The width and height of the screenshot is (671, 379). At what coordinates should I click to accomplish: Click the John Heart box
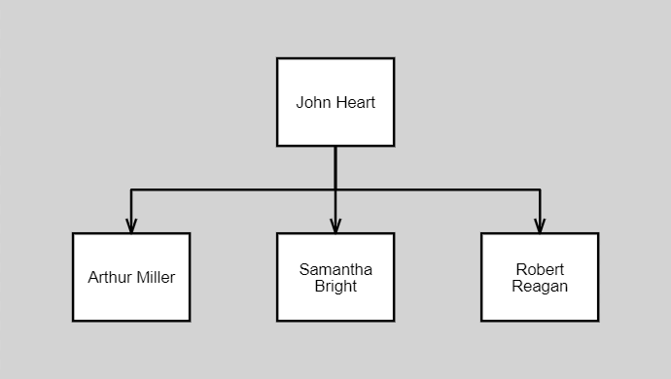tap(335, 102)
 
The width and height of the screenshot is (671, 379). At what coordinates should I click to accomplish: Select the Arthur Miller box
tap(131, 277)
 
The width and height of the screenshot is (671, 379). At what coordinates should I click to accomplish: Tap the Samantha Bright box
tap(335, 277)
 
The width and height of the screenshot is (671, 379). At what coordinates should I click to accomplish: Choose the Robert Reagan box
tap(540, 277)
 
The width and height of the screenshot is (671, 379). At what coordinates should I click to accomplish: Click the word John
tap(313, 102)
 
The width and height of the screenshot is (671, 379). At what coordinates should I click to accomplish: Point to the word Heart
tap(355, 102)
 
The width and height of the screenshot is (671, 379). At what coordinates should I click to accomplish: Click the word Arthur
tap(109, 277)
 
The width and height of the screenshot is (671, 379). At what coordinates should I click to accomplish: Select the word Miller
tap(156, 277)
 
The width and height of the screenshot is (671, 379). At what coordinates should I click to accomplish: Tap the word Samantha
tap(335, 269)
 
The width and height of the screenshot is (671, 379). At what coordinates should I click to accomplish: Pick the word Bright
tap(335, 287)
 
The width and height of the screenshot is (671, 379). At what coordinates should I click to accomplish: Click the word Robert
tap(540, 269)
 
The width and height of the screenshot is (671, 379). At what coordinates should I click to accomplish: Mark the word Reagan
tap(540, 287)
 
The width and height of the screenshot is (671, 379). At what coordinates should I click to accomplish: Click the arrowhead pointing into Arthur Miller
tap(131, 225)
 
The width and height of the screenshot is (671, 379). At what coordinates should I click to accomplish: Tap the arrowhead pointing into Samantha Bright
tap(335, 225)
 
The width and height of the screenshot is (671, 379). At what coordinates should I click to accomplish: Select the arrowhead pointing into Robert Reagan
tap(540, 225)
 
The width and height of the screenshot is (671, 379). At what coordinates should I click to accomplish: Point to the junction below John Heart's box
tap(335, 189)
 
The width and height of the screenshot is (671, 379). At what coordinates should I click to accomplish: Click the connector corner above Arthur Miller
tap(131, 189)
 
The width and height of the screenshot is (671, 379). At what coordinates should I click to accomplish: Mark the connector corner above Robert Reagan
tap(540, 189)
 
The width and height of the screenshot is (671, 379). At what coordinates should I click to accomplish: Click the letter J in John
tap(300, 102)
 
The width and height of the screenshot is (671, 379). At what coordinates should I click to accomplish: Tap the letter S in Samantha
tap(303, 269)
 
